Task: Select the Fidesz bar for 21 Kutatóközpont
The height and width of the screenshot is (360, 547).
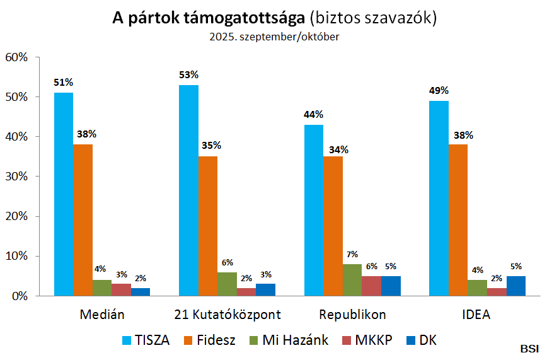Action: coord(208,226)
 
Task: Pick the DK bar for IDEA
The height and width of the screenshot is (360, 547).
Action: coord(516,286)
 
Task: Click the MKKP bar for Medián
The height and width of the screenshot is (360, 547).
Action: coord(121,289)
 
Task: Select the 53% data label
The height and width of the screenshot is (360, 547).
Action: coord(188,74)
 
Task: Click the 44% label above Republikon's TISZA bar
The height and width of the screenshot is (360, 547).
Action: coord(313,114)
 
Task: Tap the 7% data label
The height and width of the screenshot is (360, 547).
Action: coord(352,254)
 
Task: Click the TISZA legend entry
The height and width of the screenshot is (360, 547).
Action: coord(145,340)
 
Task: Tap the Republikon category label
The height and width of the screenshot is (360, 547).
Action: coord(352,314)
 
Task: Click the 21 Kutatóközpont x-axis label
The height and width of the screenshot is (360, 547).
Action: coord(227,314)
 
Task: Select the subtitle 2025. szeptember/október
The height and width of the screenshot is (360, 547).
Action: coord(274,37)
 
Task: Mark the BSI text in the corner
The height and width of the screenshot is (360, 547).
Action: coord(529,349)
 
